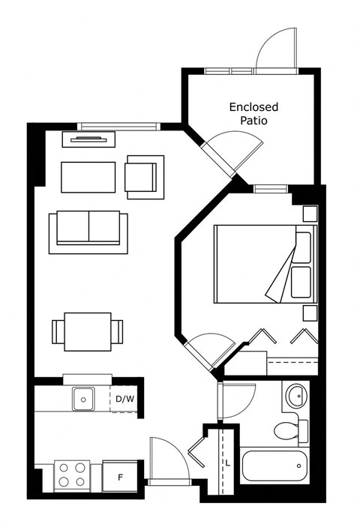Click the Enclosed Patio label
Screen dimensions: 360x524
coord(253,114)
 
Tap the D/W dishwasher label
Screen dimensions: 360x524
coord(125,399)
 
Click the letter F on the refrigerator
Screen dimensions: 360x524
coord(120,478)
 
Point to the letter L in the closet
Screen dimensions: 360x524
coord(228,463)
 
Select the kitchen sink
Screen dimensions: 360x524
coord(83,399)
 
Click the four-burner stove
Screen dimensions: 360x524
coord(72,476)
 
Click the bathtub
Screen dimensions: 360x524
coord(274,466)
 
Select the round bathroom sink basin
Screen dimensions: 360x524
coord(296,396)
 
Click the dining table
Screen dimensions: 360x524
coord(88,332)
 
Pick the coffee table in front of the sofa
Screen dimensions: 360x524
coord(88,177)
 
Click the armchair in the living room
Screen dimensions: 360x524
coord(145,177)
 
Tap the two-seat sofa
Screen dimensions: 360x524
coord(88,232)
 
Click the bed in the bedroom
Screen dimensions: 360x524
coord(265,264)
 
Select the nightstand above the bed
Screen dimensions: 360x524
coord(310,214)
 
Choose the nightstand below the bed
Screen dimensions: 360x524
coord(310,313)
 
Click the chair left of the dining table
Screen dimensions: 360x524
coord(58,332)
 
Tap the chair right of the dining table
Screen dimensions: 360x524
coord(117,332)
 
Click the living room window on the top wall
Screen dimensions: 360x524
coord(119,127)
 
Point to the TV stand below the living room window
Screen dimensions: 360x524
coord(88,139)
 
